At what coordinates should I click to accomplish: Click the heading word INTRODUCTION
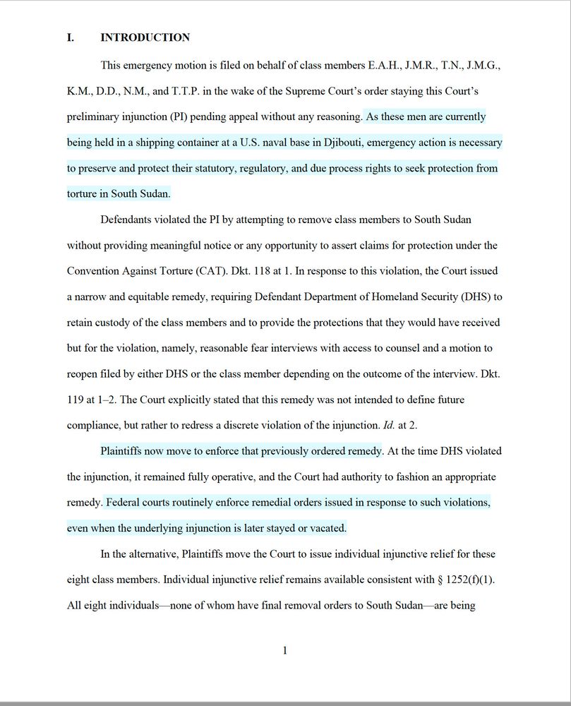(145, 37)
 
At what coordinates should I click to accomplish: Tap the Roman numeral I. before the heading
(71, 37)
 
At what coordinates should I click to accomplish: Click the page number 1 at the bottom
(284, 650)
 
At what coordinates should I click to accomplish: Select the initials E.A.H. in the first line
(385, 66)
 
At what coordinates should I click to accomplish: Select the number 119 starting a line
(76, 400)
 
